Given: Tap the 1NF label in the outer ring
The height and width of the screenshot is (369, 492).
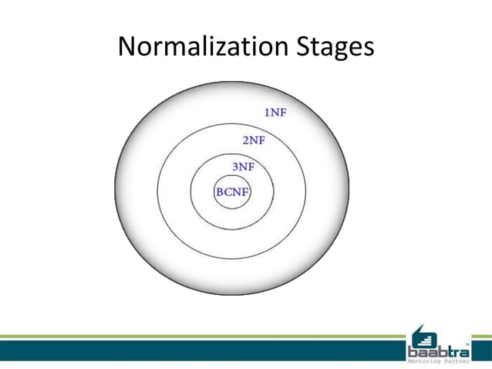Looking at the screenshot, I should pyautogui.click(x=275, y=113).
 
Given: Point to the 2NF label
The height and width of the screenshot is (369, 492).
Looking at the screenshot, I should pyautogui.click(x=254, y=140).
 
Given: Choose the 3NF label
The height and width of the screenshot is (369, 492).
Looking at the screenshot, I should pyautogui.click(x=243, y=166).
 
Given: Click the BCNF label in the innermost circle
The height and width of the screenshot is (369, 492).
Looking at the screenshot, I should pyautogui.click(x=233, y=192).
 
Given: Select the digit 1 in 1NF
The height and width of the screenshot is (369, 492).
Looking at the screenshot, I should pyautogui.click(x=267, y=113).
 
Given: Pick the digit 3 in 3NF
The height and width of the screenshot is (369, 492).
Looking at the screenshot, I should pyautogui.click(x=235, y=166).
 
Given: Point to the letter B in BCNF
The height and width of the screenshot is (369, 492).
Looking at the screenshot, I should pyautogui.click(x=221, y=192).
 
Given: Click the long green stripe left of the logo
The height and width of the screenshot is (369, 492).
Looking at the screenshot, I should pyautogui.click(x=201, y=337).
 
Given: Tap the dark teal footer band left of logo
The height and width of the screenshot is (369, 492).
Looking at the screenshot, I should pyautogui.click(x=201, y=351).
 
